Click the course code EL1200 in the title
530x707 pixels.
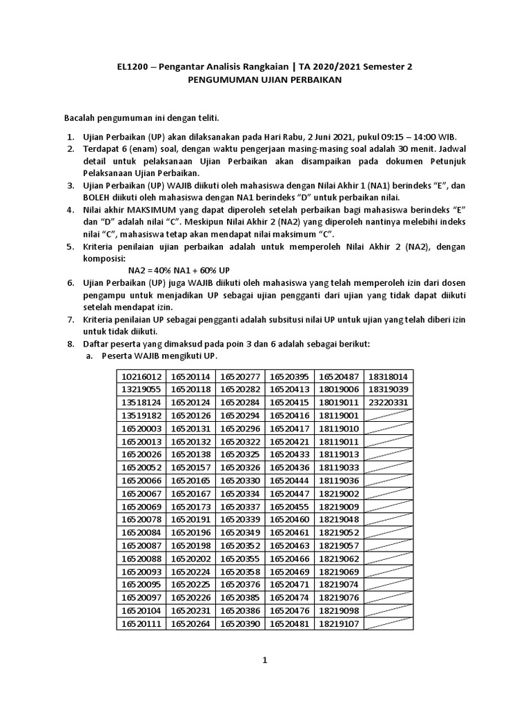click(x=131, y=67)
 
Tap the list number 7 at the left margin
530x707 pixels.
click(x=70, y=320)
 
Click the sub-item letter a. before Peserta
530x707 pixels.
click(x=88, y=356)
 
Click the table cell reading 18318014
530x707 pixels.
click(x=388, y=377)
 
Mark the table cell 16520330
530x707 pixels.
click(x=240, y=480)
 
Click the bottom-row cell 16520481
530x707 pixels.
click(x=290, y=623)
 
